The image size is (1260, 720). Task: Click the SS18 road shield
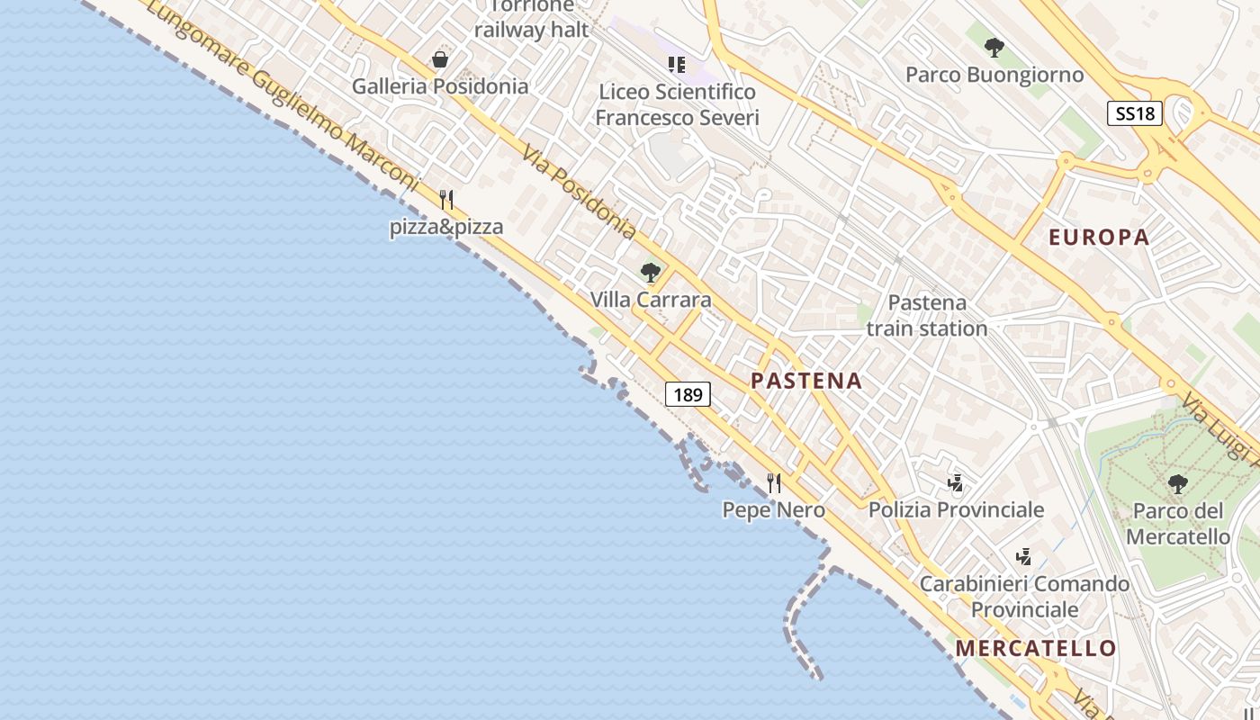1135,113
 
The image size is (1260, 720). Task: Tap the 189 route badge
688,394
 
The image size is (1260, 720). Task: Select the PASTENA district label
806,381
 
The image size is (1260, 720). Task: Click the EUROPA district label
1099,238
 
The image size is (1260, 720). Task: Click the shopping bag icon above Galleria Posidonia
440,60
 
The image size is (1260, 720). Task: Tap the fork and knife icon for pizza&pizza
446,199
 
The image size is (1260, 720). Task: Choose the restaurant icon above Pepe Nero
773,483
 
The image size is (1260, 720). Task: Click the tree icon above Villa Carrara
650,272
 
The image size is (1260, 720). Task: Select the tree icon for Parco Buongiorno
994,48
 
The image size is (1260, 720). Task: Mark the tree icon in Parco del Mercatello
1177,484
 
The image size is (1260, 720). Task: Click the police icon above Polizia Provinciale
955,483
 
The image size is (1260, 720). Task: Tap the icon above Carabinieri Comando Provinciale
1023,556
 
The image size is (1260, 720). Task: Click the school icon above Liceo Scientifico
677,64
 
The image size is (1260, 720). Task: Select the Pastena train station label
927,315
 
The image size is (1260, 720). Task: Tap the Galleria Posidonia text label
439,86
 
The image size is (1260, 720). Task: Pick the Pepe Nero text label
773,510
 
